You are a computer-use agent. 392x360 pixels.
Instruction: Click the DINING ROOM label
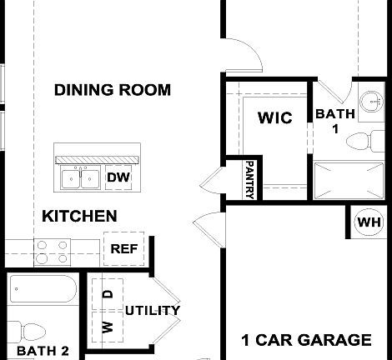point(113,89)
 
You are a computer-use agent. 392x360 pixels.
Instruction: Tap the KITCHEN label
point(79,216)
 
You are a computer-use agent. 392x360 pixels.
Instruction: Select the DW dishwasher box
point(118,177)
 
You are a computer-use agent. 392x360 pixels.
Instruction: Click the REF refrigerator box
point(124,248)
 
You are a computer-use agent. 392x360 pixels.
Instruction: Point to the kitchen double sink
point(81,177)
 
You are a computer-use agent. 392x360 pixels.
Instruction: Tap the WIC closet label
point(274,117)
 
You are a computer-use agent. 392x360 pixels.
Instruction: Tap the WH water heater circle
point(369,222)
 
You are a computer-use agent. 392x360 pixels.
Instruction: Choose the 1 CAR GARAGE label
point(306,340)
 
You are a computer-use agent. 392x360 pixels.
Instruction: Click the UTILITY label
point(153,311)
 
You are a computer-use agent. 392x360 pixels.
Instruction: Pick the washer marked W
point(108,326)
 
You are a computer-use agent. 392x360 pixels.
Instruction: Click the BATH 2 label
point(43,351)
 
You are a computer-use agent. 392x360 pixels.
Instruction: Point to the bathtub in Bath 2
point(43,292)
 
